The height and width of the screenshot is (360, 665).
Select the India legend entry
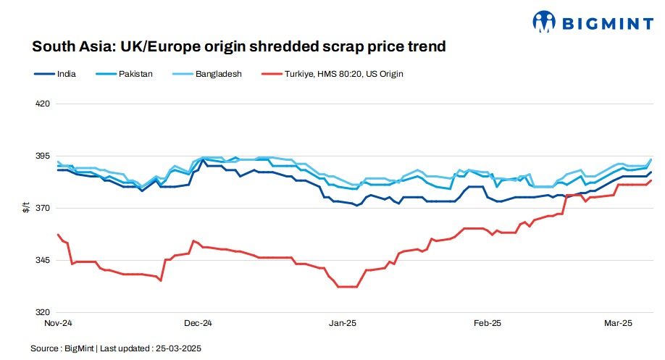tap(66, 74)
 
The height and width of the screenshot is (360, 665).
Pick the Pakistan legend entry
tap(135, 74)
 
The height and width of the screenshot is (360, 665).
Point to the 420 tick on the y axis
tap(42, 104)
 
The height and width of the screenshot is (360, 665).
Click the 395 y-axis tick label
tap(42, 156)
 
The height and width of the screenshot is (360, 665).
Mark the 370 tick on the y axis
tap(42, 209)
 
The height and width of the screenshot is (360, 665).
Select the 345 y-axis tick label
tap(42, 260)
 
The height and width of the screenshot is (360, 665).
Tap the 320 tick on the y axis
tap(42, 312)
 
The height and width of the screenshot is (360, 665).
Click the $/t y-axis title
tap(26, 209)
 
